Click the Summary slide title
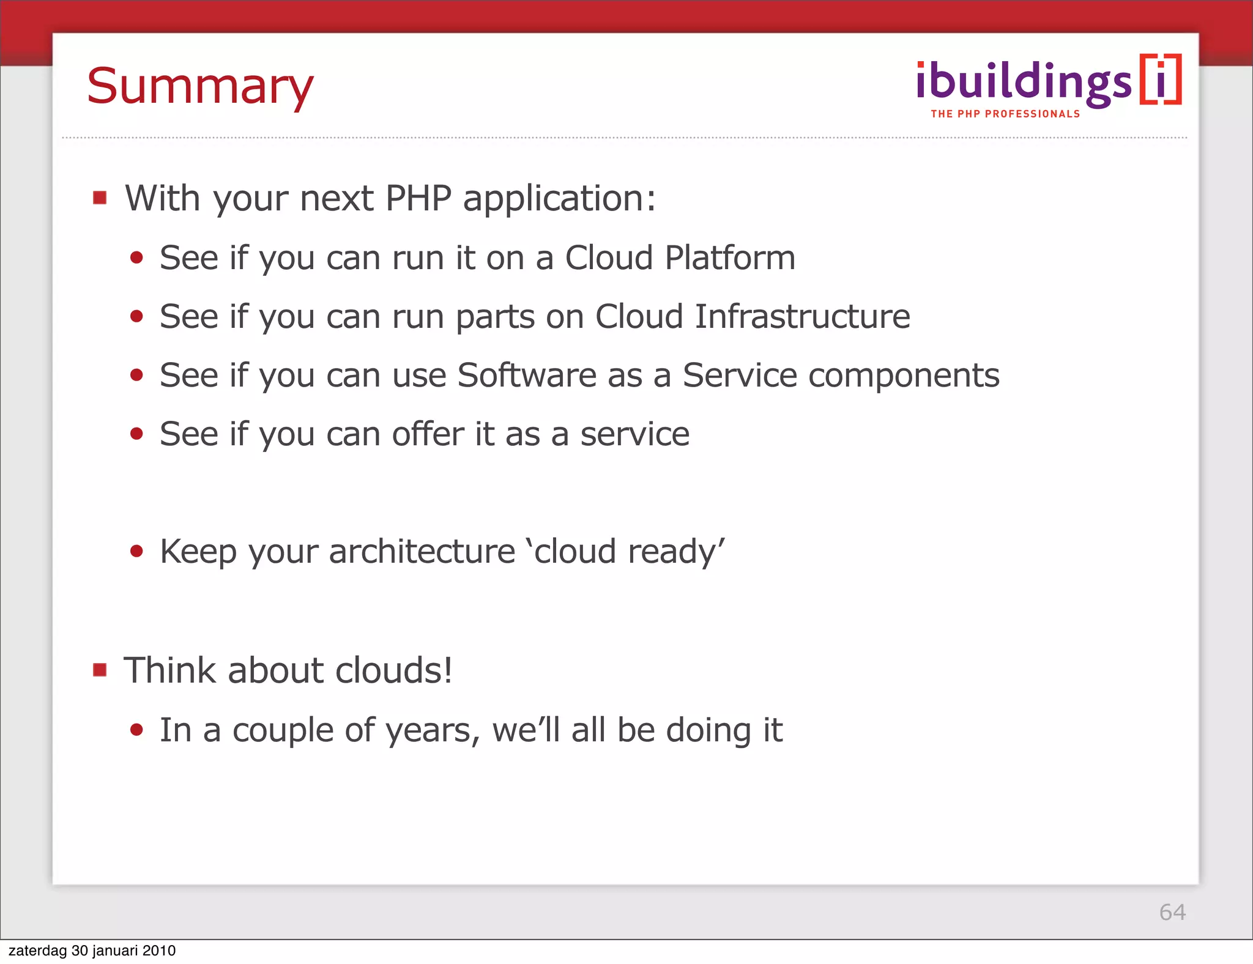click(200, 87)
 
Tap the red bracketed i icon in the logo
click(1161, 80)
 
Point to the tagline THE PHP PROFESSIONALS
click(1005, 114)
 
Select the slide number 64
click(1172, 912)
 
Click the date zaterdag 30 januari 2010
click(92, 951)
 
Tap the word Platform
click(730, 258)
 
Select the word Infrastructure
click(802, 316)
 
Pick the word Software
click(527, 375)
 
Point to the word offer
click(428, 434)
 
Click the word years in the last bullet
click(433, 731)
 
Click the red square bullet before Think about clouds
click(100, 670)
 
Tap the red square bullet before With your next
click(100, 198)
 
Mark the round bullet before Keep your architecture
click(136, 551)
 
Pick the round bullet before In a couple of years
click(136, 730)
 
